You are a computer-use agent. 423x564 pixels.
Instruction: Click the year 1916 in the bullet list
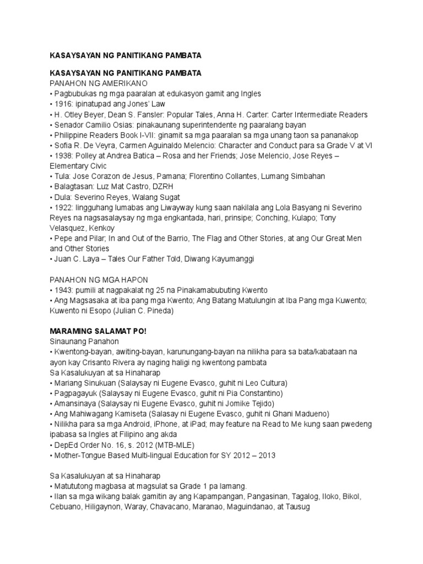(62, 104)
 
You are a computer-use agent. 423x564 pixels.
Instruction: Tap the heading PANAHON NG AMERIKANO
(97, 83)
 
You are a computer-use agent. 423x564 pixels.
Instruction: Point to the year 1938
(62, 155)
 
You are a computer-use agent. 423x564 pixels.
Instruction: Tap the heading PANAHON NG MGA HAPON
(98, 280)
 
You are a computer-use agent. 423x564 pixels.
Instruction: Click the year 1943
(62, 290)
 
